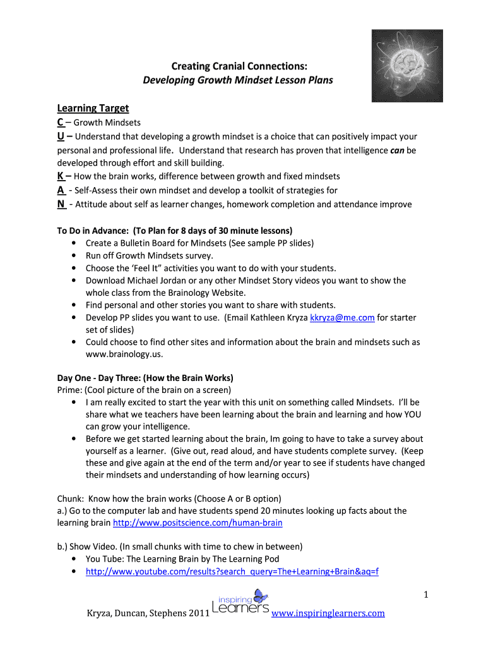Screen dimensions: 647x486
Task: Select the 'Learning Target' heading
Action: [x=93, y=108]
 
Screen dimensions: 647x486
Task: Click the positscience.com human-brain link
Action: [x=198, y=523]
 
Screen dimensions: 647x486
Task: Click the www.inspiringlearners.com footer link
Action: [x=328, y=613]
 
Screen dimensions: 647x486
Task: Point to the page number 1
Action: [x=426, y=594]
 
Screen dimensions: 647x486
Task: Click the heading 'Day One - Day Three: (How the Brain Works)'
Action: [x=146, y=378]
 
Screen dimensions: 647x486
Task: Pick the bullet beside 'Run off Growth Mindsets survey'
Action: [x=76, y=255]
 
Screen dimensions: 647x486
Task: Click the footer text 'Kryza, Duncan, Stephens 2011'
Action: [x=143, y=613]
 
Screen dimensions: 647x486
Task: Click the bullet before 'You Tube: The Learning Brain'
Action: [x=76, y=559]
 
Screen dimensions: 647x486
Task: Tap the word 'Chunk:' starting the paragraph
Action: [x=71, y=498]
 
